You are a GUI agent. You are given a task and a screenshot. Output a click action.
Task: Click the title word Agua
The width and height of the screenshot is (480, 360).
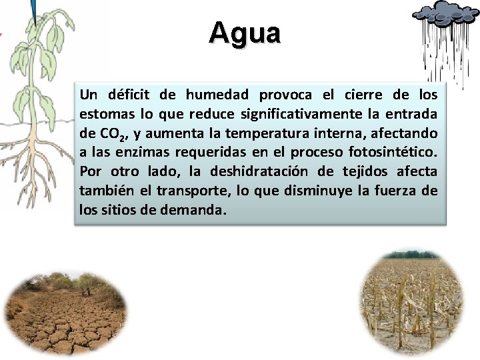click(245, 33)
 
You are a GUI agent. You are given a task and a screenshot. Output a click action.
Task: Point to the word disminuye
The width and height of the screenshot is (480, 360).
click(322, 191)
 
